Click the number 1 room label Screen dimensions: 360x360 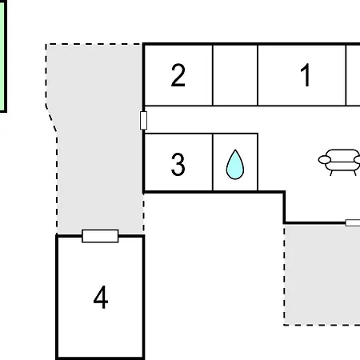click(x=306, y=75)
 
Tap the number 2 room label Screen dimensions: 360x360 click(x=178, y=75)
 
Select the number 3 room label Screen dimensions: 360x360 click(x=178, y=164)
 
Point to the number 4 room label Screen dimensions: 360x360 click(x=101, y=297)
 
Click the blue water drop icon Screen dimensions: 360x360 click(x=235, y=165)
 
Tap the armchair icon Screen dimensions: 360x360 click(x=339, y=162)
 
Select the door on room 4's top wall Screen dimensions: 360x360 click(x=100, y=236)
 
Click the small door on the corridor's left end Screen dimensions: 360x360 click(x=143, y=121)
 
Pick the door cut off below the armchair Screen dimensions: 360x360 click(x=353, y=222)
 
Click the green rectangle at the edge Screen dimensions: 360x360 click(x=2, y=56)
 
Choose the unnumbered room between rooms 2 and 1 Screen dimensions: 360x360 click(x=235, y=75)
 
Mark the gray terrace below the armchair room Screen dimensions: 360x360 click(x=322, y=274)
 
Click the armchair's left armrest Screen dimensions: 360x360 click(x=325, y=160)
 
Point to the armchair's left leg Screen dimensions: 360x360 click(x=331, y=173)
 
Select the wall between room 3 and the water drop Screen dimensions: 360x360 click(x=213, y=162)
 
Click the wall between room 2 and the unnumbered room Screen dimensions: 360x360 click(x=213, y=75)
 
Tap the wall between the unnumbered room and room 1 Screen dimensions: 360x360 click(x=258, y=75)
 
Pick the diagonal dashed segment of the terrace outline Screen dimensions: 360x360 click(x=51, y=118)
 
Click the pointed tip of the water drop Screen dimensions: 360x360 click(x=235, y=150)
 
